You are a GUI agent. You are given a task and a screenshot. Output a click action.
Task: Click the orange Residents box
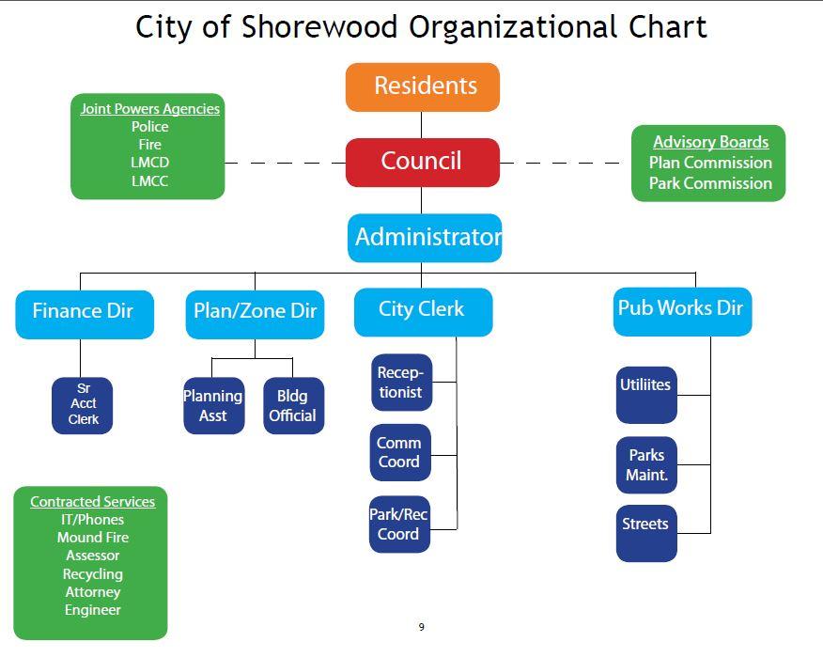click(x=423, y=87)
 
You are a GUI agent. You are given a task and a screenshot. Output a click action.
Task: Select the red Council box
click(x=423, y=163)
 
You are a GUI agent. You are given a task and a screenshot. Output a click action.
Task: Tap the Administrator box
click(x=425, y=238)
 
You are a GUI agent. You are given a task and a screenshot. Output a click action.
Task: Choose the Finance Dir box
click(x=85, y=315)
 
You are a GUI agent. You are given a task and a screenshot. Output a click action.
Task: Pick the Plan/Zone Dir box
click(x=256, y=315)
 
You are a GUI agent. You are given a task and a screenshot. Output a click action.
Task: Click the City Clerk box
click(x=424, y=312)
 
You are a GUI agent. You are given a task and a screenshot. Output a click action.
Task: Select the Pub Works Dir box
click(x=682, y=311)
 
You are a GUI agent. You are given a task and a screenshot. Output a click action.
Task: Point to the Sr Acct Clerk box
click(x=83, y=405)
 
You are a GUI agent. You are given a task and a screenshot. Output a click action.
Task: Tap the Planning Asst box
click(x=213, y=405)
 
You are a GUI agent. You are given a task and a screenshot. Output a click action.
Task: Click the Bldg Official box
click(x=293, y=405)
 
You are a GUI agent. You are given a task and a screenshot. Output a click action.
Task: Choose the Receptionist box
click(x=401, y=383)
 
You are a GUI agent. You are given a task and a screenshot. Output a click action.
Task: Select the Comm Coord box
click(x=400, y=453)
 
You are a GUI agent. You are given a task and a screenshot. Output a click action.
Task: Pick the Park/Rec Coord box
click(x=399, y=525)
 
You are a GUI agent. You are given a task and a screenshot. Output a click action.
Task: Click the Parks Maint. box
click(x=646, y=464)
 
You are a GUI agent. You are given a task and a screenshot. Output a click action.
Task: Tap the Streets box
click(x=646, y=534)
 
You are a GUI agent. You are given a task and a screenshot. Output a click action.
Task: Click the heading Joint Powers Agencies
click(x=149, y=109)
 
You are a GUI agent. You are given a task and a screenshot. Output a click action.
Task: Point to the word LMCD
click(x=149, y=163)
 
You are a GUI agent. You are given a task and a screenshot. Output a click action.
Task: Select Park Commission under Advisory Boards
click(x=710, y=183)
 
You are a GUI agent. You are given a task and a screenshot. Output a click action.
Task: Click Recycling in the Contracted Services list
click(x=93, y=574)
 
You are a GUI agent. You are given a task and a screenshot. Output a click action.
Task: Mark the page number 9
click(x=422, y=626)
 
